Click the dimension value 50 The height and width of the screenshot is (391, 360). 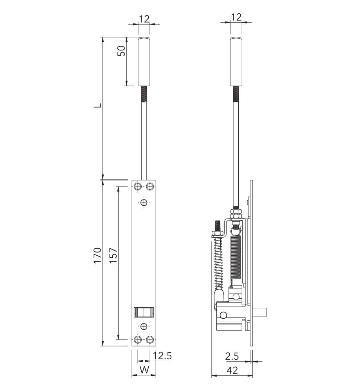(x=122, y=51)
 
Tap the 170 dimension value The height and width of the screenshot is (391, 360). (x=98, y=255)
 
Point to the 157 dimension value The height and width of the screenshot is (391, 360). (x=114, y=255)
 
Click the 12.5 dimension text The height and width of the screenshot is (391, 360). (x=162, y=356)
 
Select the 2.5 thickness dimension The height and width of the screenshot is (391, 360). (x=232, y=356)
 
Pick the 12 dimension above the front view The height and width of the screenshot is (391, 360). (x=144, y=18)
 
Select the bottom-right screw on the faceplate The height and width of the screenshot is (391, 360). (x=150, y=340)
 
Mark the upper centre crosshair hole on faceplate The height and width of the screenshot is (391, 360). (x=144, y=203)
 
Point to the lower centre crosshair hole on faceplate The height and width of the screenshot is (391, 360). (x=144, y=326)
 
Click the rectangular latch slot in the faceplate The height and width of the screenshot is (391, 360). (x=144, y=312)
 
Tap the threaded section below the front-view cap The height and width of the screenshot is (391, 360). (x=144, y=94)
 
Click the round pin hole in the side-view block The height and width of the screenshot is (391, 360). (x=223, y=316)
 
